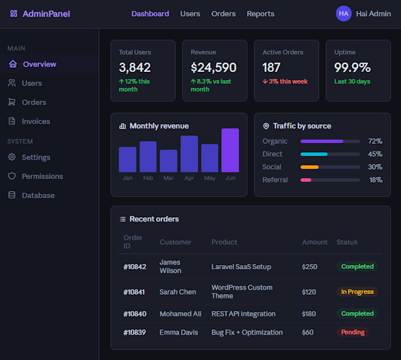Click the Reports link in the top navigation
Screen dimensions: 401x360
point(260,14)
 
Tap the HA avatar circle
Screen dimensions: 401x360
point(343,14)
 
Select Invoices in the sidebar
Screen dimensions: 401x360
point(36,121)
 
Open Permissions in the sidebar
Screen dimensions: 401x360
point(42,176)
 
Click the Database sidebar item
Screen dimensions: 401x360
point(38,196)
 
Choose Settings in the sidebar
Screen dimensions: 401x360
point(36,157)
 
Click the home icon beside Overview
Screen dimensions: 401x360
point(13,64)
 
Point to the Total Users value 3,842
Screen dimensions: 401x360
point(135,67)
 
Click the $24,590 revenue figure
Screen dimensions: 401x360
point(213,67)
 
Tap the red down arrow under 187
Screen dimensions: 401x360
point(265,81)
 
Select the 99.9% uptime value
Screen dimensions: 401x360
point(352,67)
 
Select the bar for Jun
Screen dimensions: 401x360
point(230,150)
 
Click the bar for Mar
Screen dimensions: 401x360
point(169,161)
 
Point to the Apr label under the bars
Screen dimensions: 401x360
point(189,178)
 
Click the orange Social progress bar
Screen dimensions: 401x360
point(310,167)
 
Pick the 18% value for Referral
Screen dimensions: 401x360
point(376,180)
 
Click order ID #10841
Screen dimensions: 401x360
point(134,292)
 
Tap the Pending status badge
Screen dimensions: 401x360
point(353,332)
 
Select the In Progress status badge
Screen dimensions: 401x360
point(357,292)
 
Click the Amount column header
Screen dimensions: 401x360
point(314,242)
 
